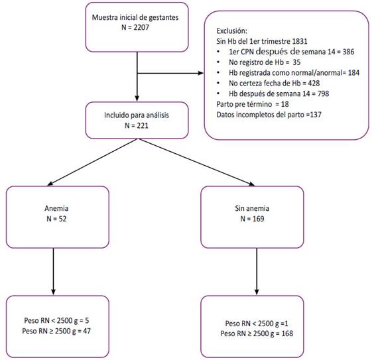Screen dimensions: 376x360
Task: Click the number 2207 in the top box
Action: pyautogui.click(x=141, y=27)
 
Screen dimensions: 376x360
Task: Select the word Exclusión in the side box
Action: pyautogui.click(x=231, y=31)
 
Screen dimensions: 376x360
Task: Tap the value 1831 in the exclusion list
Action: pyautogui.click(x=300, y=41)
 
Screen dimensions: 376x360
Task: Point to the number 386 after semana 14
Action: pyautogui.click(x=348, y=52)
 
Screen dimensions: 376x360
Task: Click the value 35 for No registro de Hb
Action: pyautogui.click(x=296, y=62)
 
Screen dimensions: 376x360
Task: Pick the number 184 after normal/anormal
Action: pyautogui.click(x=353, y=73)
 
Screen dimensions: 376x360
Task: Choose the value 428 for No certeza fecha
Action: pyautogui.click(x=314, y=83)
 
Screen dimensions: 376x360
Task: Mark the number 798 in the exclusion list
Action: pyautogui.click(x=323, y=93)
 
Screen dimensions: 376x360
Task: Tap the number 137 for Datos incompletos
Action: pyautogui.click(x=316, y=115)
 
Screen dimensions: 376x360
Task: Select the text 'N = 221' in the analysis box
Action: pyautogui.click(x=137, y=125)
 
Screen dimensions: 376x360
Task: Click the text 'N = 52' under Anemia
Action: pyautogui.click(x=56, y=219)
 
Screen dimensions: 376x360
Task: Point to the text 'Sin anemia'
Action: pyautogui.click(x=252, y=208)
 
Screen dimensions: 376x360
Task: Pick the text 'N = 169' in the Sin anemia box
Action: pyautogui.click(x=252, y=219)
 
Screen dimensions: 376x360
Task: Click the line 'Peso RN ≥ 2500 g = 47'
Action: pyautogui.click(x=56, y=331)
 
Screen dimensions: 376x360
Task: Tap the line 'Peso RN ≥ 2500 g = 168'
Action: pyautogui.click(x=257, y=333)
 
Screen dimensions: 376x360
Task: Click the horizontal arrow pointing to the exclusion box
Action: pyautogui.click(x=170, y=73)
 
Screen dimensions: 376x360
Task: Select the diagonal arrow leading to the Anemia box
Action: pyautogui.click(x=92, y=162)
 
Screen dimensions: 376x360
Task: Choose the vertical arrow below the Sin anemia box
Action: pyautogui.click(x=257, y=271)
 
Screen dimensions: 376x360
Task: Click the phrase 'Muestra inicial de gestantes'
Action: pyautogui.click(x=135, y=17)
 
